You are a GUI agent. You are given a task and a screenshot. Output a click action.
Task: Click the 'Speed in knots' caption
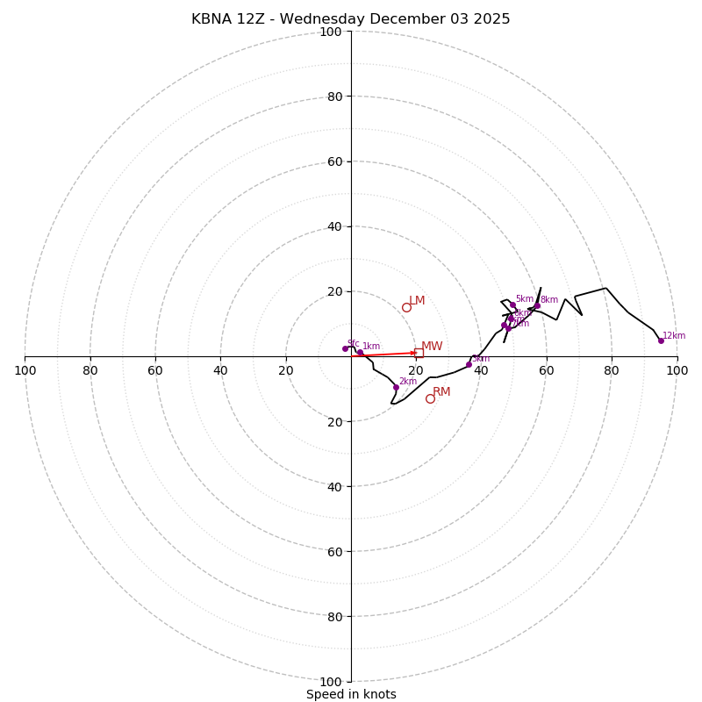(x=351, y=694)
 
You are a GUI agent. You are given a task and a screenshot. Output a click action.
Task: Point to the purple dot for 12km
(x=661, y=340)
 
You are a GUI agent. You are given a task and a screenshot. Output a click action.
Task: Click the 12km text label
(x=674, y=335)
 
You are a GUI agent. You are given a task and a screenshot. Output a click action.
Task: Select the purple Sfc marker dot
(x=345, y=348)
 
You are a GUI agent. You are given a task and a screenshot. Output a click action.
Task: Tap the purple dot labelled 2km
(x=396, y=387)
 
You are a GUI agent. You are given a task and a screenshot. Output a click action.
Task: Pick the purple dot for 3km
(x=469, y=364)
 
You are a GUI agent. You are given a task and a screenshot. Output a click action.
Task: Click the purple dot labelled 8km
(x=537, y=305)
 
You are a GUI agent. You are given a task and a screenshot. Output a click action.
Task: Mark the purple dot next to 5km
(x=512, y=304)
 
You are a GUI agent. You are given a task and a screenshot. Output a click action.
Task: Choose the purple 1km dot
(x=360, y=352)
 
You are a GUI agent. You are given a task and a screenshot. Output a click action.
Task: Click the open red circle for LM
(x=406, y=307)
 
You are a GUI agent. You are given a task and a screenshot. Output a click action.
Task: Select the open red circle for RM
(x=430, y=398)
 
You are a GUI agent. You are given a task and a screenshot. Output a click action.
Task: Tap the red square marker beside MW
(x=419, y=353)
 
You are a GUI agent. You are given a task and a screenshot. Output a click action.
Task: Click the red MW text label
(x=432, y=347)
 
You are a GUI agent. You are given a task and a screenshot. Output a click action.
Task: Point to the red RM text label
(x=441, y=391)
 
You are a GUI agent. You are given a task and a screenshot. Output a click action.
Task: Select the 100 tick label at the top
(x=330, y=32)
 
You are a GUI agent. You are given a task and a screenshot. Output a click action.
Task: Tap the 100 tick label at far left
(x=25, y=370)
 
